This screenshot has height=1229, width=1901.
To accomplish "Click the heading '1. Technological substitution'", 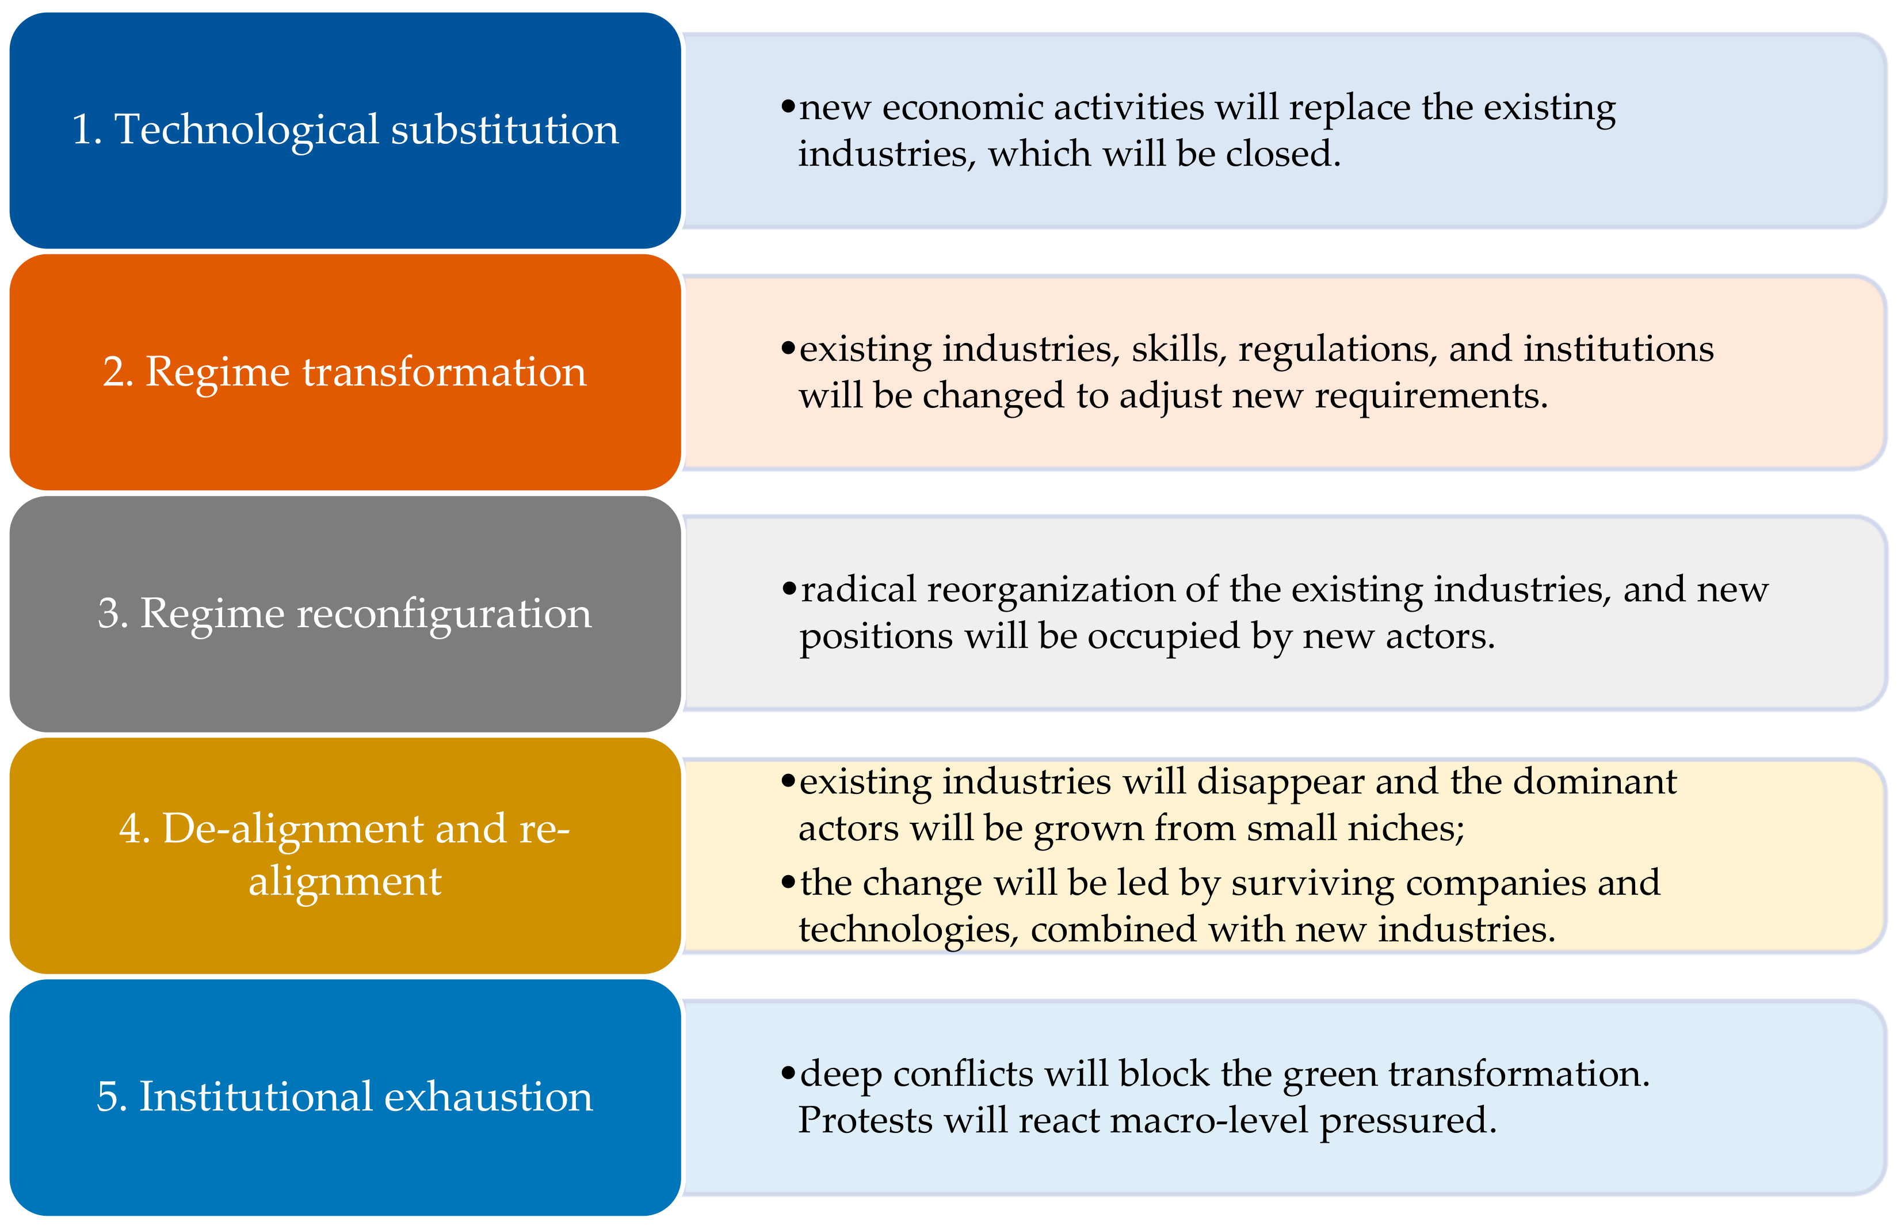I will pos(345,129).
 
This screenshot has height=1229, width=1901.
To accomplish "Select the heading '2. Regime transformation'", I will pos(345,372).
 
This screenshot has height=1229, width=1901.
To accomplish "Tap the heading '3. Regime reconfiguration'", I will pos(345,614).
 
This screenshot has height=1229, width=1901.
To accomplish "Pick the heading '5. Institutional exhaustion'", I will pos(345,1097).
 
